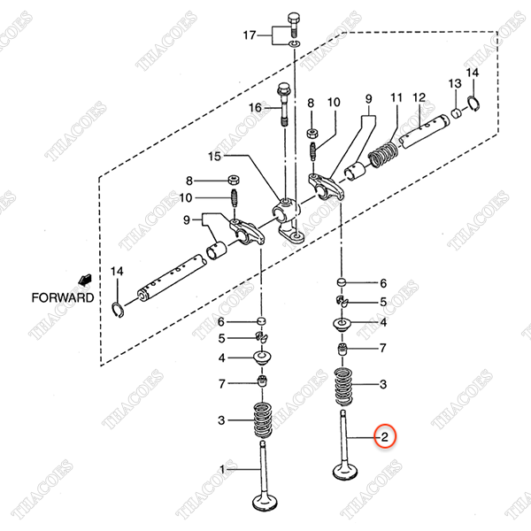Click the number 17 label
point(250,35)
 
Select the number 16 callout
point(255,108)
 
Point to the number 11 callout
point(396,97)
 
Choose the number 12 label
point(419,97)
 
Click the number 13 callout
point(454,83)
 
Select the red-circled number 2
point(385,436)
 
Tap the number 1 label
point(223,468)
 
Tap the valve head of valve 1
point(265,502)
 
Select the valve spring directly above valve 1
point(263,419)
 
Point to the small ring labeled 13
point(457,112)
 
